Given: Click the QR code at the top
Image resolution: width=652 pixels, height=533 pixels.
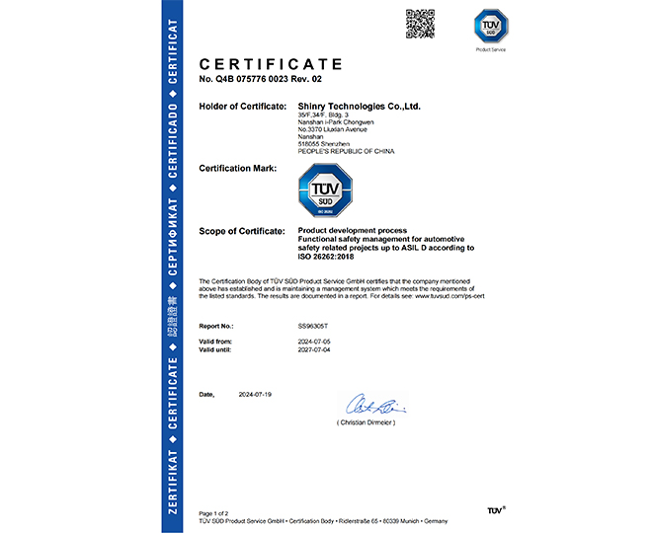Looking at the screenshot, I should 421,23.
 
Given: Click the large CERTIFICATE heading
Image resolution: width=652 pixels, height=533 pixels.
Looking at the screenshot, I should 271,64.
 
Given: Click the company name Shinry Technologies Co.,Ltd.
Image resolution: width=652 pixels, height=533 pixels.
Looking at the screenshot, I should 360,106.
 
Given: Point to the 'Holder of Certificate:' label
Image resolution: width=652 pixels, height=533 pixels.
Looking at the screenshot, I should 242,106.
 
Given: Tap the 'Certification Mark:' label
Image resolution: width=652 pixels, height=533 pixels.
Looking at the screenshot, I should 238,169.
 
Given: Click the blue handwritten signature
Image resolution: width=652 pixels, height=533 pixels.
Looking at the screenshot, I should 371,405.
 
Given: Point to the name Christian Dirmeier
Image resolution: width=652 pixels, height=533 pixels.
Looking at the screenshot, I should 367,421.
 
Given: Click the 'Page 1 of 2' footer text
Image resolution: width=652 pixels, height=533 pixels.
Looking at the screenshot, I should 213,513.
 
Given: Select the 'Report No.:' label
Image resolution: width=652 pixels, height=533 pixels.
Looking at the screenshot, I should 216,324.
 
